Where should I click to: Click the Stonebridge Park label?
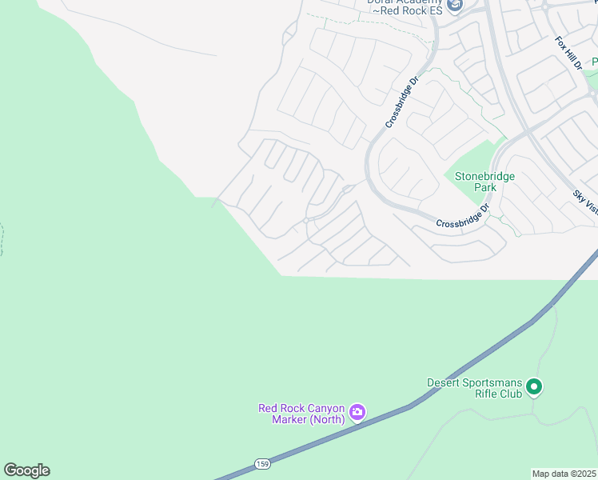(484, 182)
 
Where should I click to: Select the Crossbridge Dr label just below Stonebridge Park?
(463, 218)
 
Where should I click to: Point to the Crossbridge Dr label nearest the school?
(402, 102)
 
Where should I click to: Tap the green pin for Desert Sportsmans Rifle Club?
(535, 387)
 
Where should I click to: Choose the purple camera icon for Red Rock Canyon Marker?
(357, 413)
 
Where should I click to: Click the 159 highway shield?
(263, 464)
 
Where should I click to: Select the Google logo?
(26, 470)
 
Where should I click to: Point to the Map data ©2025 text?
(564, 474)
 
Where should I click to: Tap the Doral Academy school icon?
(455, 6)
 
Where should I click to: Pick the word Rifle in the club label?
(489, 394)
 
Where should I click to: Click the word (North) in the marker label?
(327, 419)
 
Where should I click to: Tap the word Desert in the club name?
(446, 382)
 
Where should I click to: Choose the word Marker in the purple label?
(289, 419)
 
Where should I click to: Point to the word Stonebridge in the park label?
(484, 176)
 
